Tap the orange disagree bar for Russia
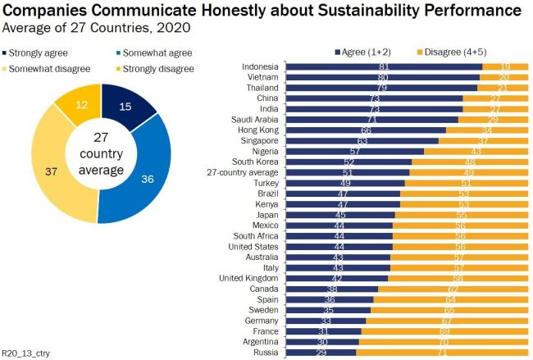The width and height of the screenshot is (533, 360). [x=442, y=352]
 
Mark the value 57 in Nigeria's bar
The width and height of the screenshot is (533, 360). [x=355, y=151]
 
